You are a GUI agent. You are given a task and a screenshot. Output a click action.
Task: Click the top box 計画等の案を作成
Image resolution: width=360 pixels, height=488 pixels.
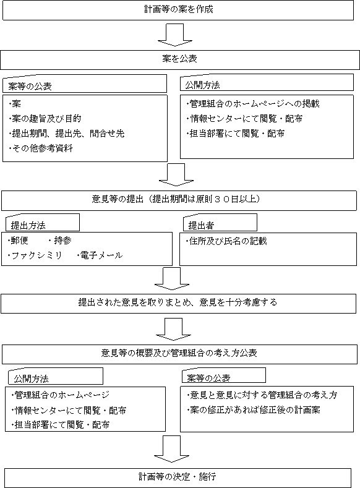point(178,10)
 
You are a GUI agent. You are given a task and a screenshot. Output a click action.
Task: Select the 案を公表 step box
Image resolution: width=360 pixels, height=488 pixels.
point(179,59)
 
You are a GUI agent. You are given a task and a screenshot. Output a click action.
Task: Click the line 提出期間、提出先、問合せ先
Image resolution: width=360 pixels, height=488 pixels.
point(66,134)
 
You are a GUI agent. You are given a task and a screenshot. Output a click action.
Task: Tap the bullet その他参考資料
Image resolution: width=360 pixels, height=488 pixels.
point(40,148)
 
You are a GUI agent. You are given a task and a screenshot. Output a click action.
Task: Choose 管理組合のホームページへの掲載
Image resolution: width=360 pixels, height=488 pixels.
point(252,104)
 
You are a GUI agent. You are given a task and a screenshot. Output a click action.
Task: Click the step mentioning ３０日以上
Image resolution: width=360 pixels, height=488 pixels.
point(179,200)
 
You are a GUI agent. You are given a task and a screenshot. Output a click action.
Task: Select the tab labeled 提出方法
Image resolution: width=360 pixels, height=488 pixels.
point(43,223)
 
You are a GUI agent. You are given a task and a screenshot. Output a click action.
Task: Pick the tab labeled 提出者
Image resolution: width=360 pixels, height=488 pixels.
point(220,223)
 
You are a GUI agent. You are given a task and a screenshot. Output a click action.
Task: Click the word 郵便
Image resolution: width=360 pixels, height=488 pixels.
point(18,241)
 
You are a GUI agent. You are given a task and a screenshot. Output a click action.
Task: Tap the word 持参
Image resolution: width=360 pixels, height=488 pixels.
point(61,241)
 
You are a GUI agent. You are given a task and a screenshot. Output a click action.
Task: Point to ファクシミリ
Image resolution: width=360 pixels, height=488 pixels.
point(35,255)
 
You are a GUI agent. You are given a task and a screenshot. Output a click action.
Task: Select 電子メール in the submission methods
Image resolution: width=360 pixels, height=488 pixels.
point(100,255)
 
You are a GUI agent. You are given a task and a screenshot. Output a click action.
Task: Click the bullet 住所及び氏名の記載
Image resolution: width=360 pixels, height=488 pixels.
point(226,241)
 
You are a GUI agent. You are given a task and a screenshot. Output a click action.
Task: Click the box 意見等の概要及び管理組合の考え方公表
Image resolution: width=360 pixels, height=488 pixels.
point(179,354)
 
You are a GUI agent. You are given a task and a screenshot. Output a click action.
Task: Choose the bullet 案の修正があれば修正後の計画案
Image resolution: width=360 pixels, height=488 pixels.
point(253,410)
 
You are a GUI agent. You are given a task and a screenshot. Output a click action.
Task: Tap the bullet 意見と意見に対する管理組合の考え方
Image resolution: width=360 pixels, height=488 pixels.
point(262,395)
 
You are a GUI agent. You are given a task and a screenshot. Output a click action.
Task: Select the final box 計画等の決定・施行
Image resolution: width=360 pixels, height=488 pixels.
point(178,477)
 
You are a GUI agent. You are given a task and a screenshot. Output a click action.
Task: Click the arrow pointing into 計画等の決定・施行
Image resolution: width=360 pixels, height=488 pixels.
point(172,449)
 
